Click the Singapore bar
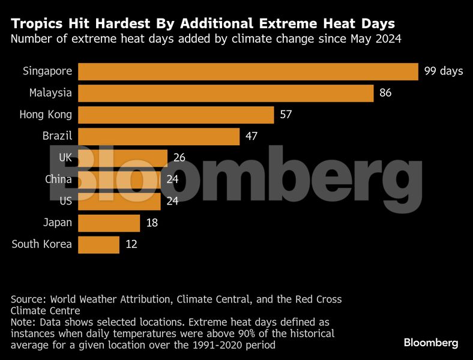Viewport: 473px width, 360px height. click(248, 71)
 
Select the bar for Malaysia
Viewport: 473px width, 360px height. click(226, 93)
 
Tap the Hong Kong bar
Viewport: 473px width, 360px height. click(176, 115)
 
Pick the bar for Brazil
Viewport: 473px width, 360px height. click(158, 136)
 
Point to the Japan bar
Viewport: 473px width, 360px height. click(109, 223)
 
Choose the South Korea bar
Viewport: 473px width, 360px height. click(98, 244)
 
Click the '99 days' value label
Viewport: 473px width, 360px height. click(444, 71)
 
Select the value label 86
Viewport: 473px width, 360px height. click(385, 93)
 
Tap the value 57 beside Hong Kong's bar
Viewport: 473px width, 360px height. click(286, 115)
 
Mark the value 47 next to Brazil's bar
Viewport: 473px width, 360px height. click(252, 136)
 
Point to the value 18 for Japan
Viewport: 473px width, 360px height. click(151, 223)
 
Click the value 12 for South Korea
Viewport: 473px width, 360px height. click(131, 244)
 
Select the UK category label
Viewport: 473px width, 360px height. click(65, 158)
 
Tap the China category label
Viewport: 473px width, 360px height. click(59, 179)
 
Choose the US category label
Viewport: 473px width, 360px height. click(65, 201)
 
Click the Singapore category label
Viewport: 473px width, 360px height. click(47, 71)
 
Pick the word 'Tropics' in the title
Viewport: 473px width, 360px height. click(38, 25)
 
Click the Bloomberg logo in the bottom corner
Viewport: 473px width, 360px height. click(430, 343)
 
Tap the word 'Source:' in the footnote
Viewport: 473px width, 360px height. click(29, 299)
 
